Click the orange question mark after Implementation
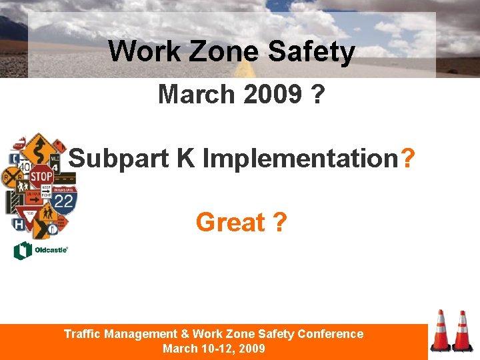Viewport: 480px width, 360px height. click(x=408, y=159)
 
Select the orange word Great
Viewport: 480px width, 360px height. click(x=230, y=222)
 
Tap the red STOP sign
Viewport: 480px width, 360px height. click(x=41, y=177)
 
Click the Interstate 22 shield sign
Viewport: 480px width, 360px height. click(x=64, y=200)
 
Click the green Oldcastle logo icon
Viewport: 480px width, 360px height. click(x=23, y=251)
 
